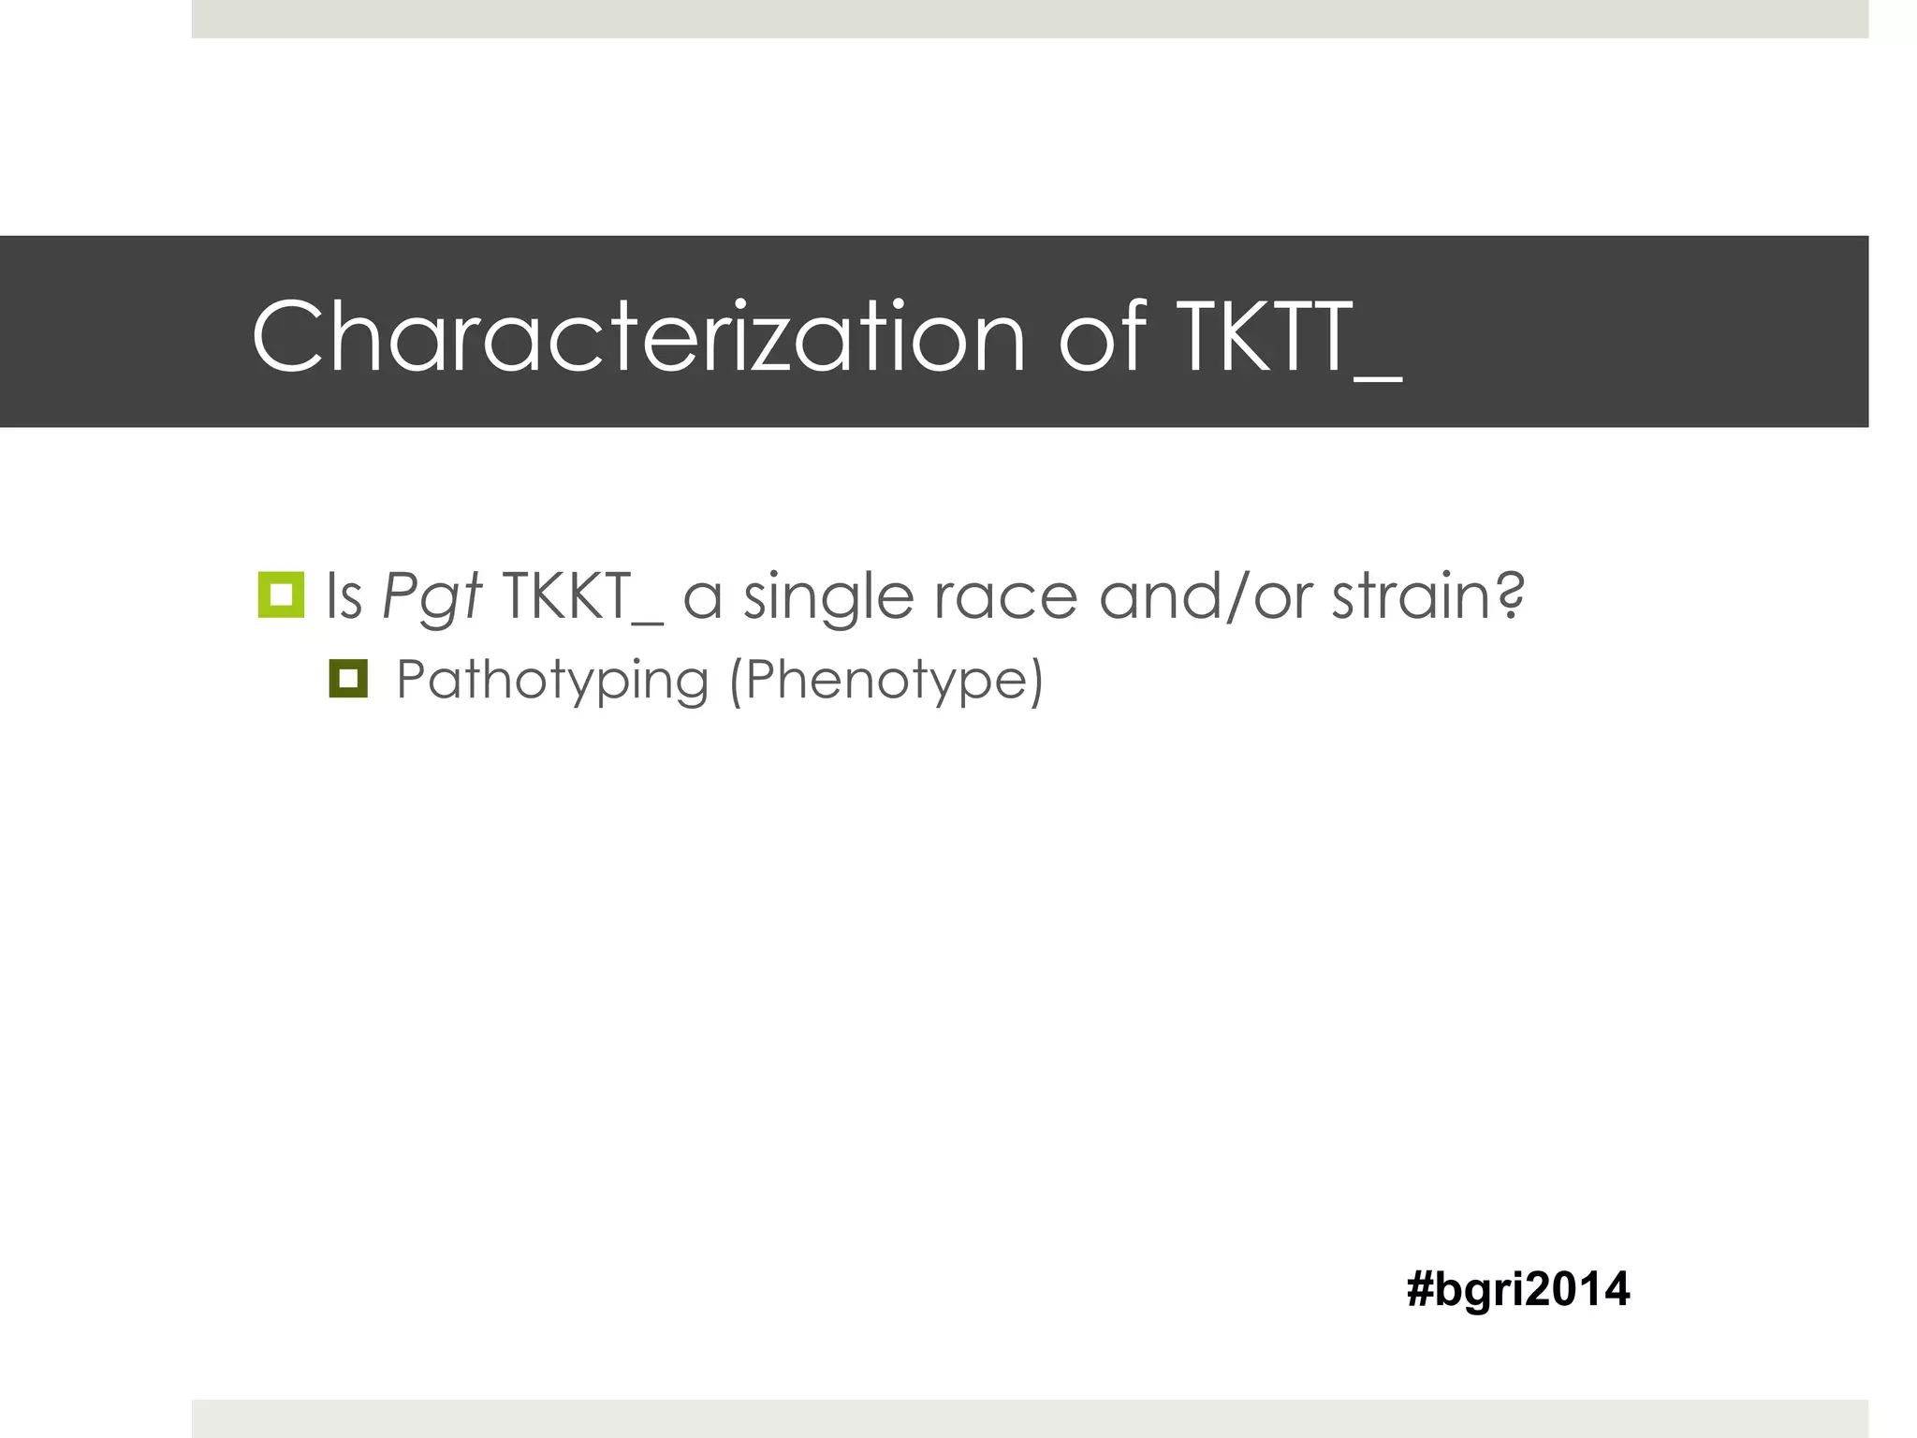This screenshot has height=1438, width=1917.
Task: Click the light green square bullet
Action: [x=281, y=594]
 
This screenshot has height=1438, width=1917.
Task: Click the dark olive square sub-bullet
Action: [x=348, y=679]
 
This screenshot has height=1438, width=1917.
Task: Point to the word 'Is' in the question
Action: [x=344, y=595]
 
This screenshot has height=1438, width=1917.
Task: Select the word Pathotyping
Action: [x=552, y=681]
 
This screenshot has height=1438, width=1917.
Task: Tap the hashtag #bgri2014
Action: [x=1517, y=1289]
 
